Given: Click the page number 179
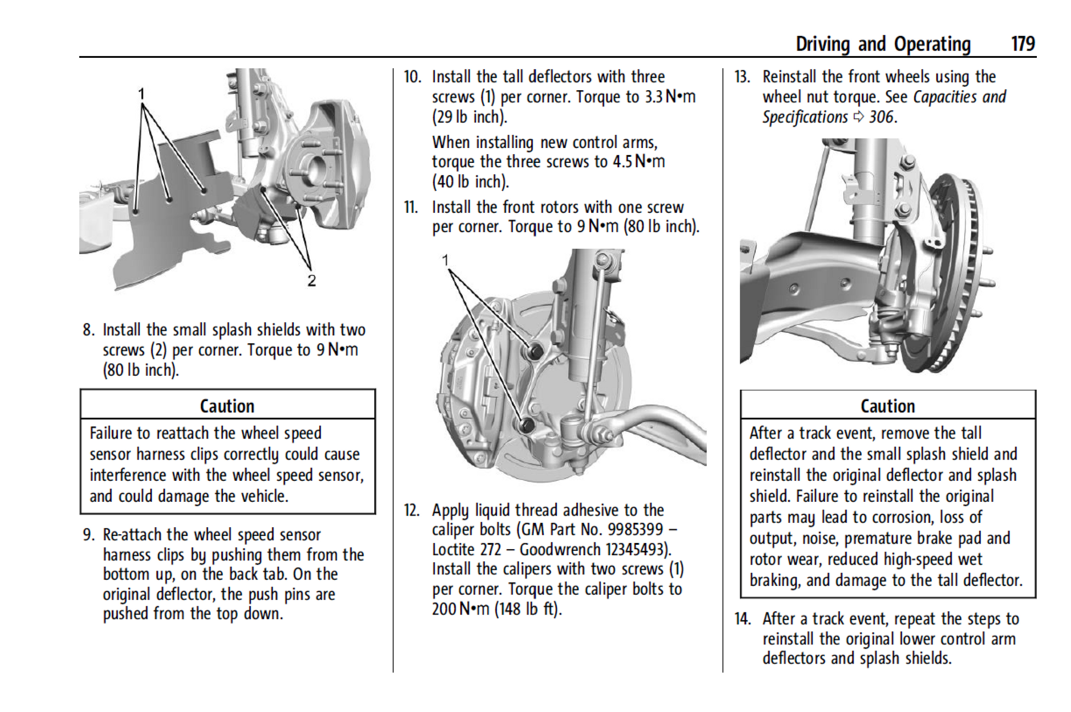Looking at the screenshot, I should click(1023, 43).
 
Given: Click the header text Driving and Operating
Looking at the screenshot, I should click(883, 43).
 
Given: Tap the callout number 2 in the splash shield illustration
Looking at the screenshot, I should click(312, 281).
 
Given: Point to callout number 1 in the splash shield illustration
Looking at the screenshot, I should click(141, 94).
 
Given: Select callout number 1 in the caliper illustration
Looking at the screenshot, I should click(445, 260).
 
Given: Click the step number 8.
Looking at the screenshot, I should click(89, 330).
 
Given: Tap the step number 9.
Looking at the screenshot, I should click(89, 534).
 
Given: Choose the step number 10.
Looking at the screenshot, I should click(412, 76).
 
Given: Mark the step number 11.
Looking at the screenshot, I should click(411, 207).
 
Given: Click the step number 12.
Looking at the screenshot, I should click(412, 510).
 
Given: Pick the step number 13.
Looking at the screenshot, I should click(742, 76).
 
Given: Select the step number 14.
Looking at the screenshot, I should click(742, 619).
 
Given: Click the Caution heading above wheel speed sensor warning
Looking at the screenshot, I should click(227, 406).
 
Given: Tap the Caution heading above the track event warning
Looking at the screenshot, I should click(887, 406).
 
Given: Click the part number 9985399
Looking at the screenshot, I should click(635, 529).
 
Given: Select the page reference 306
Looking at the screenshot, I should click(882, 117).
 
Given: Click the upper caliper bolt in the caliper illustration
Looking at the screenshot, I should click(534, 351).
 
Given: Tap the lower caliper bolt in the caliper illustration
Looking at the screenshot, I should click(527, 424).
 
